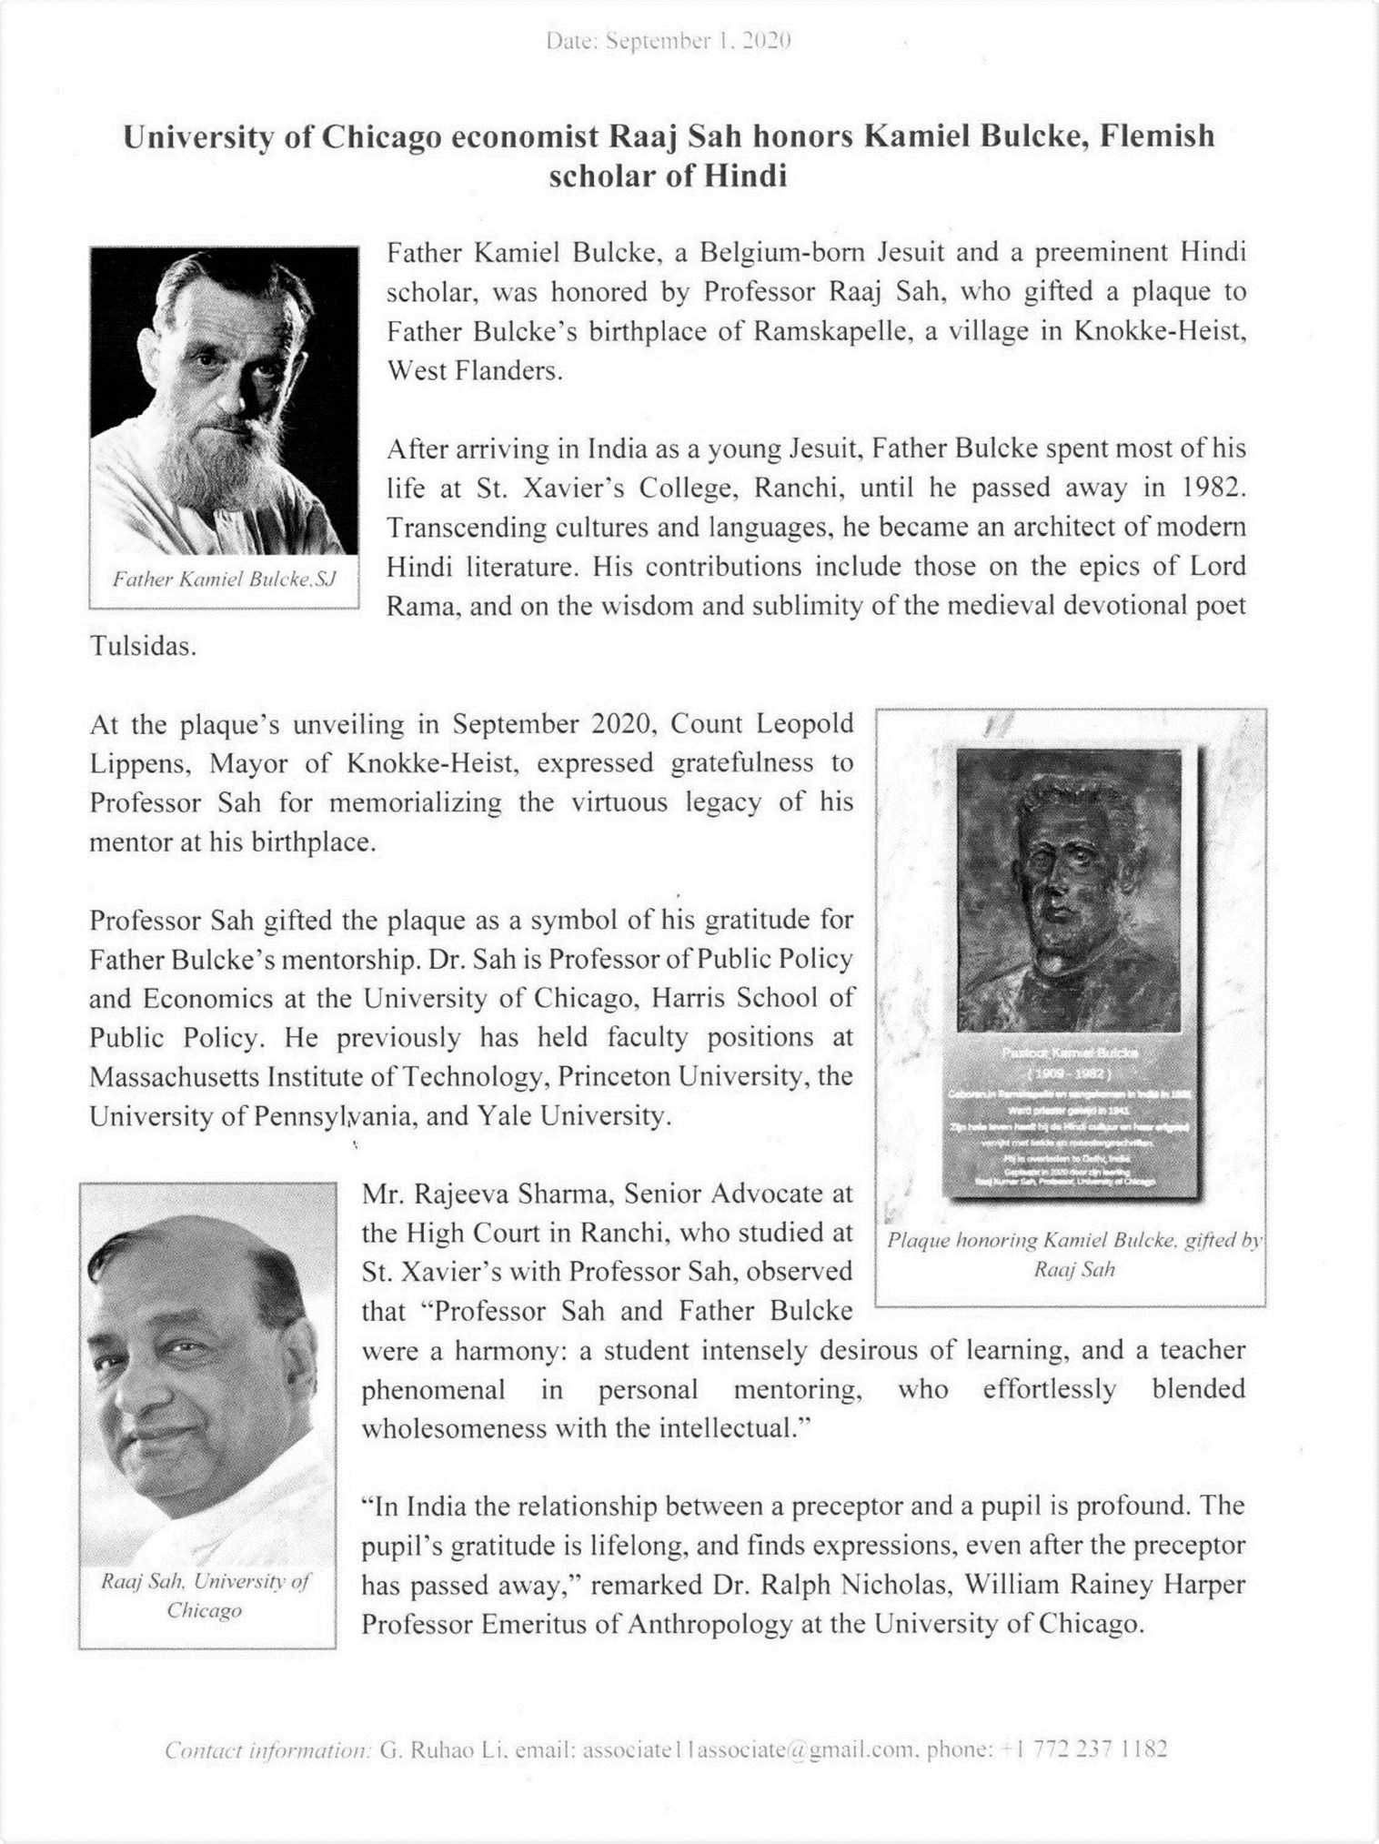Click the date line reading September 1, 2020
tap(669, 42)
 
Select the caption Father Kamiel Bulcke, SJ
tap(224, 579)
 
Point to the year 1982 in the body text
tap(1213, 489)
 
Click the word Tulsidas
tap(142, 647)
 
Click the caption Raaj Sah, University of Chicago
tap(206, 1595)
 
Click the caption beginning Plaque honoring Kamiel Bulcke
tap(1074, 1254)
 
